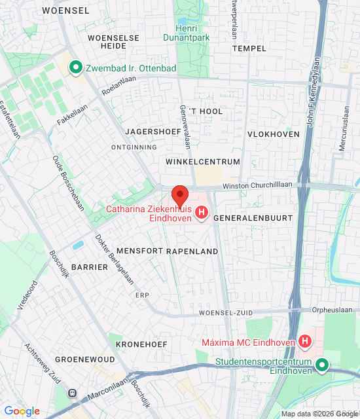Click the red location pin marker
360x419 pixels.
coord(180,196)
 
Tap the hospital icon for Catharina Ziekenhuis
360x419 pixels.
coord(202,213)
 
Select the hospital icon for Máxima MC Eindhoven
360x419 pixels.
coord(304,341)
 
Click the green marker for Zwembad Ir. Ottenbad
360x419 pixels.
coord(75,66)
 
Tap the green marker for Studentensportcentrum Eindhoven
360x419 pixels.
coord(321,365)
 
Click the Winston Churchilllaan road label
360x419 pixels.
coord(257,186)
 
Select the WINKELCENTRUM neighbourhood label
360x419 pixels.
coord(203,162)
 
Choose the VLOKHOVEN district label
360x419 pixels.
coord(273,134)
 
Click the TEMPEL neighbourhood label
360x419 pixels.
coord(249,48)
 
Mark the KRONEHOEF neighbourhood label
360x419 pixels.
coord(141,344)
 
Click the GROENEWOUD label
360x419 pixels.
coord(84,359)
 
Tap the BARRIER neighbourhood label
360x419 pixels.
coord(89,267)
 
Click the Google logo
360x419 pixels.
coord(22,411)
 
